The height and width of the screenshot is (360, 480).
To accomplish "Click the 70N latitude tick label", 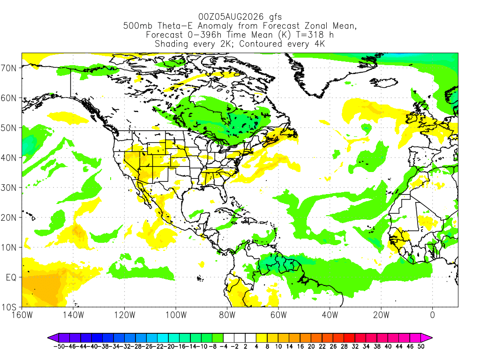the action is click(8, 68).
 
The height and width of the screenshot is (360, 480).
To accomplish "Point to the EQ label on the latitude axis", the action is click(11, 277).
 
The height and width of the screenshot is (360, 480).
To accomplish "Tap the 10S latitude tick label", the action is click(8, 307).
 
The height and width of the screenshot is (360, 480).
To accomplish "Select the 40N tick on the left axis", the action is click(8, 157).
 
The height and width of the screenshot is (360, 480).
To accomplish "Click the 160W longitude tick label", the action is click(22, 315).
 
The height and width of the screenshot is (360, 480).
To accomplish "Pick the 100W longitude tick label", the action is click(176, 315).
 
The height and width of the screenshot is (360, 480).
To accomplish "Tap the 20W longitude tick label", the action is click(381, 315).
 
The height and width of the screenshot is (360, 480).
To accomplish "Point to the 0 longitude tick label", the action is click(432, 315).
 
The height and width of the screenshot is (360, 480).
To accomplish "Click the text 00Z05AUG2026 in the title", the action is click(231, 16).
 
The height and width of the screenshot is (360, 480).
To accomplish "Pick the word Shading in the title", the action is click(172, 44).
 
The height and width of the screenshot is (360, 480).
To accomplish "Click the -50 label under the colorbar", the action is click(59, 346).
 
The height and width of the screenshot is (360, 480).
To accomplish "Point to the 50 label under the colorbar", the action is click(421, 346).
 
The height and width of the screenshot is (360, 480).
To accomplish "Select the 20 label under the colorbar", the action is click(311, 346).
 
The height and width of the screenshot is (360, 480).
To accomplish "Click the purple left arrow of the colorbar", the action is click(53, 337).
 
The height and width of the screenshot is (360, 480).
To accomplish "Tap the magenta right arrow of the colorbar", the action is click(427, 337).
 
